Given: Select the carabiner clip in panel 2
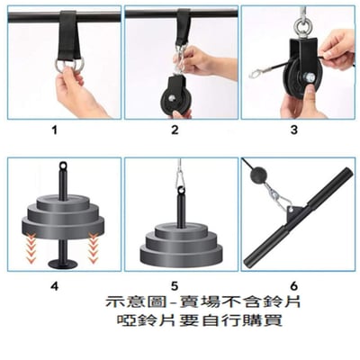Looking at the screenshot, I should coord(184,59).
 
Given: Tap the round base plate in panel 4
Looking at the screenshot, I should coord(64,263).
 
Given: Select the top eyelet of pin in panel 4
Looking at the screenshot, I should coord(64,166).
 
